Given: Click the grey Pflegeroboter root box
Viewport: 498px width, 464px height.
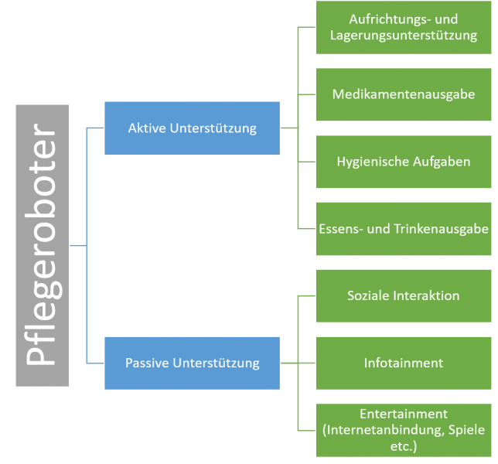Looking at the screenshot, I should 43,245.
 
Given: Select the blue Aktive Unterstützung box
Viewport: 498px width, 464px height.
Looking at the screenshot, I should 192,128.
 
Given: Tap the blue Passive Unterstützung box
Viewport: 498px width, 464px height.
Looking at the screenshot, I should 192,362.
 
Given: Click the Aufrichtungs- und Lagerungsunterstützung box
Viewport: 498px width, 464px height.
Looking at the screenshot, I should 402,28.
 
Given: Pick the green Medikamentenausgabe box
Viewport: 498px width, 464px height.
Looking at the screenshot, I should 402,94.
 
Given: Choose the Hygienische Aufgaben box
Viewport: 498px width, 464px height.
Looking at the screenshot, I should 402,162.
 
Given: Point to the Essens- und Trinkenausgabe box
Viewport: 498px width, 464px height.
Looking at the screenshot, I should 402,229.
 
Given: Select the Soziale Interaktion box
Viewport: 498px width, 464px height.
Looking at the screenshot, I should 402,295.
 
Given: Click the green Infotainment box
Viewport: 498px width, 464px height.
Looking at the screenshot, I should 402,362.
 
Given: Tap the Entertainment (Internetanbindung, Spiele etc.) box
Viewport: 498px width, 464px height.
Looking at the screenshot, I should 402,429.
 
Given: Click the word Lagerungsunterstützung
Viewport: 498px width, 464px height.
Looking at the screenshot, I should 402,36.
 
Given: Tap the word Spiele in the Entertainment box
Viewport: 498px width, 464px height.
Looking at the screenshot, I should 459,429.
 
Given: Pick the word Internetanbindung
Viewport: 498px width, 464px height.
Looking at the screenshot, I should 383,429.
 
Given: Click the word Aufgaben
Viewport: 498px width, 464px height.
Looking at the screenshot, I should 441,162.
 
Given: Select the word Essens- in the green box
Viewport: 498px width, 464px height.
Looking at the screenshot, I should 339,229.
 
